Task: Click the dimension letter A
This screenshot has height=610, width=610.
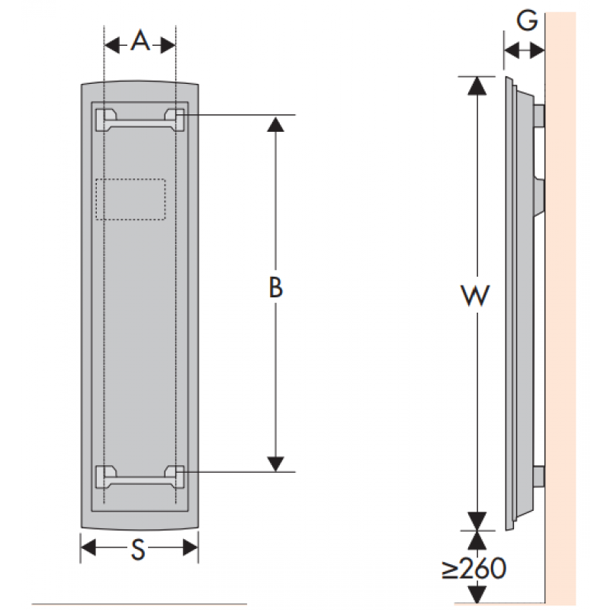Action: pos(140,42)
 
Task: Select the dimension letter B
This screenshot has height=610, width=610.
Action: pos(276,287)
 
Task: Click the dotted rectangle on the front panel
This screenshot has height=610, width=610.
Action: pos(130,200)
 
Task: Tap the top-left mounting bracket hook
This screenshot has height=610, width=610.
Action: pos(102,118)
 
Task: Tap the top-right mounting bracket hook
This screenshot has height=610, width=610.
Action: pos(175,118)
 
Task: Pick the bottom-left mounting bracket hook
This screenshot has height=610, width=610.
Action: pos(102,476)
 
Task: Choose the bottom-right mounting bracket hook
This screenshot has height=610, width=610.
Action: pos(175,476)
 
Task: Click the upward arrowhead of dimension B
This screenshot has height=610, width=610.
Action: pos(276,123)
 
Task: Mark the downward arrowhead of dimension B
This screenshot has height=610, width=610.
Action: pos(276,464)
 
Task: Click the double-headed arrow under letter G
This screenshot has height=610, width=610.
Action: pos(524,51)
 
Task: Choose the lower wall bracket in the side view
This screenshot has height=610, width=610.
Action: pos(539,477)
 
